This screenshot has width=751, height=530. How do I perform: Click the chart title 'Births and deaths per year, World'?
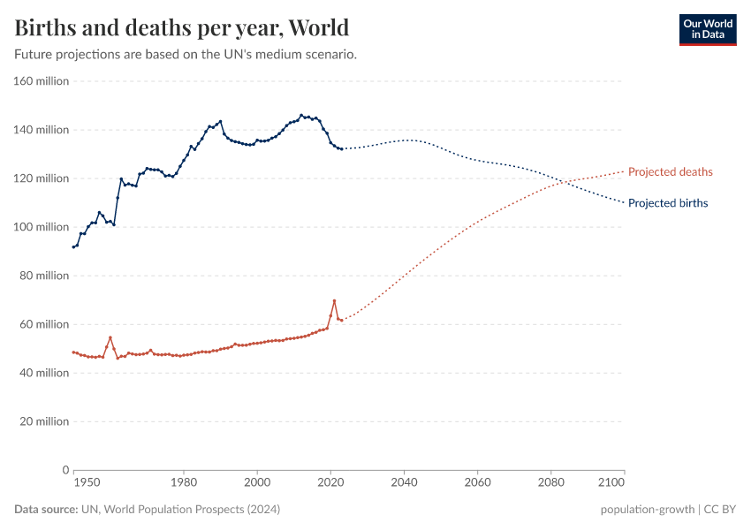click(x=181, y=27)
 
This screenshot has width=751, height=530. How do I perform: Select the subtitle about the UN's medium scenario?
click(x=186, y=54)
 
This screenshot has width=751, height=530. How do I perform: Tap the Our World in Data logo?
click(x=707, y=29)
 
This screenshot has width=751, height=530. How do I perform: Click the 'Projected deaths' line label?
click(x=670, y=171)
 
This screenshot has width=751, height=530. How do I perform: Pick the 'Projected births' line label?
click(x=667, y=203)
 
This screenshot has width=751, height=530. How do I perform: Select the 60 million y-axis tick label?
click(x=44, y=324)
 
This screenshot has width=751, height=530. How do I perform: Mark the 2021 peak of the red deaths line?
click(x=334, y=300)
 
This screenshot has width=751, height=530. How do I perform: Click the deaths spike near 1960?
click(x=110, y=337)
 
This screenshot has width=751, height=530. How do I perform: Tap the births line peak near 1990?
click(x=220, y=121)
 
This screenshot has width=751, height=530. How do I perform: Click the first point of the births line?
click(x=73, y=246)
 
